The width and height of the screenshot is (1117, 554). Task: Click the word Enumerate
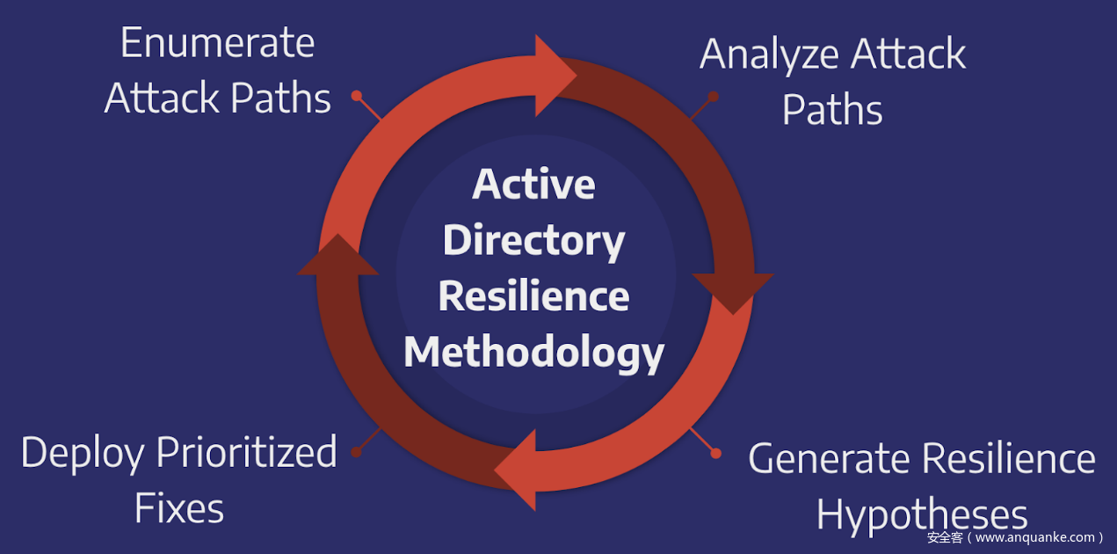(217, 43)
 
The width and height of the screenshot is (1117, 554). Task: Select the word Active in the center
(533, 184)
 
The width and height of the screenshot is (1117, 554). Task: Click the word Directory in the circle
(533, 240)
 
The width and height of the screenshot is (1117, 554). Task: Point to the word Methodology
(533, 352)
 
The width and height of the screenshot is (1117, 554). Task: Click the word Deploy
(82, 453)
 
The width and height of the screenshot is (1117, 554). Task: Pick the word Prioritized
(246, 453)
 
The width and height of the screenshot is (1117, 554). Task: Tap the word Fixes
(179, 508)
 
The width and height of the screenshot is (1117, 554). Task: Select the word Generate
(828, 459)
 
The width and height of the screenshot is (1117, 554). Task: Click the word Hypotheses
(922, 514)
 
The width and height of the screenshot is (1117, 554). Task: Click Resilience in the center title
(533, 295)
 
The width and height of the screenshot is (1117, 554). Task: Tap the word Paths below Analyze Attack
(832, 111)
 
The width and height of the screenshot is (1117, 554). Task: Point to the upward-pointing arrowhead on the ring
(338, 257)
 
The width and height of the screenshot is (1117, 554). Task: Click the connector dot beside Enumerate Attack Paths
(357, 95)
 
